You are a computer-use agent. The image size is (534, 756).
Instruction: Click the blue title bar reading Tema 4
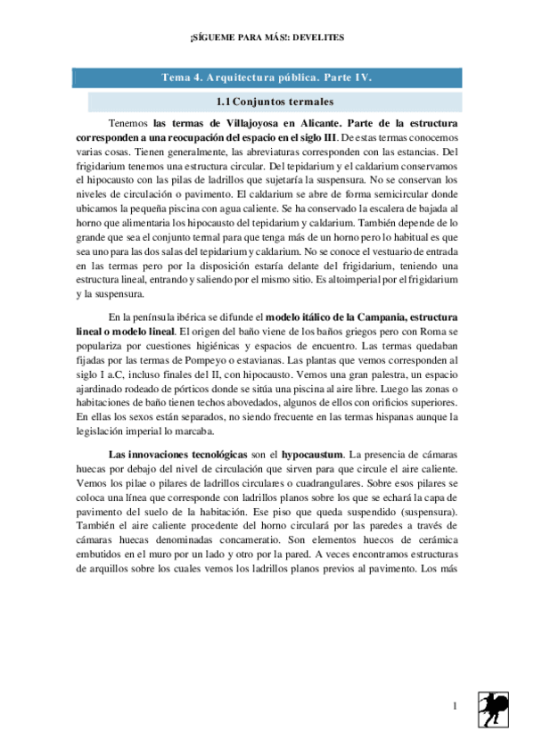(267, 78)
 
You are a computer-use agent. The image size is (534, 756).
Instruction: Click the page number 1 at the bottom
(454, 707)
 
